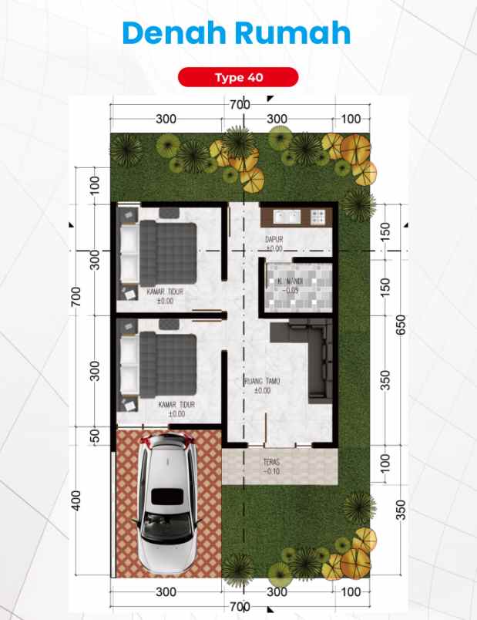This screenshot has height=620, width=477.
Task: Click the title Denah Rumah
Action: point(237,33)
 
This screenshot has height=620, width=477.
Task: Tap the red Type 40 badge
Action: point(237,77)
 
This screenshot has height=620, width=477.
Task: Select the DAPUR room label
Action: point(274,240)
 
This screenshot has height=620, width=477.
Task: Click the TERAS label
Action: point(270,463)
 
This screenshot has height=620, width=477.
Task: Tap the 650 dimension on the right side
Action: point(400,325)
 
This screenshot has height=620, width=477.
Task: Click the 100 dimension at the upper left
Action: point(96,185)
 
